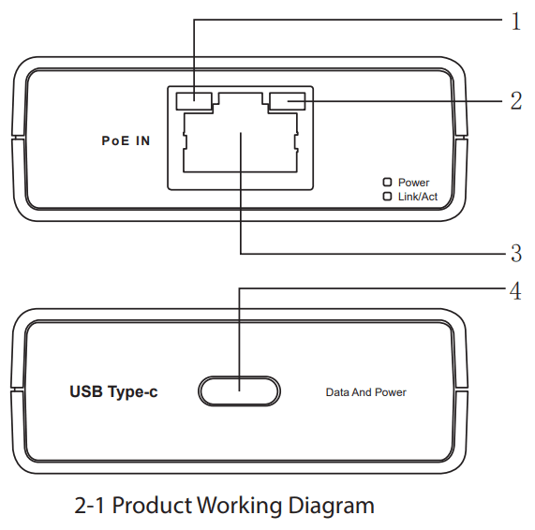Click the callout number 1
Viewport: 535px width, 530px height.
tap(514, 22)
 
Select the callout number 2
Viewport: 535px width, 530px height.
tap(514, 101)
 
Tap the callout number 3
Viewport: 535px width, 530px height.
tap(514, 253)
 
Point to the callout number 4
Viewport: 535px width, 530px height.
tap(514, 290)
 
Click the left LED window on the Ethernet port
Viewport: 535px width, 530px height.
tap(194, 99)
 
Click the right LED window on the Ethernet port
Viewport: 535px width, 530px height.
tap(286, 100)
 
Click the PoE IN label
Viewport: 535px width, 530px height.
tap(126, 141)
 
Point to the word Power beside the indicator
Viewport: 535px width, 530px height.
tap(413, 183)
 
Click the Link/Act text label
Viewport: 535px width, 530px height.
tap(418, 198)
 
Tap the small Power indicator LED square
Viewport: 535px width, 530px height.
tap(386, 183)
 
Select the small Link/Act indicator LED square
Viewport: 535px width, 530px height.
tap(386, 197)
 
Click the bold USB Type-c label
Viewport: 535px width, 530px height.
tap(113, 392)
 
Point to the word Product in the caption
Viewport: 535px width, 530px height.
tap(152, 507)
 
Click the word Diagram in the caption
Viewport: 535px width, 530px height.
tap(328, 507)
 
